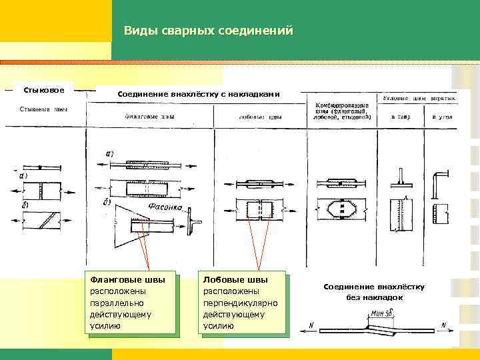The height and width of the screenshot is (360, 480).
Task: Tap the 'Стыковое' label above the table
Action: (x=44, y=89)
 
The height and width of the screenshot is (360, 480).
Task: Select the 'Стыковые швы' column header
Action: (x=43, y=109)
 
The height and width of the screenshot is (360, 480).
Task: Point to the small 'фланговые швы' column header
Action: (x=151, y=116)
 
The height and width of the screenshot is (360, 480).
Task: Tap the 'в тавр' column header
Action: (x=401, y=117)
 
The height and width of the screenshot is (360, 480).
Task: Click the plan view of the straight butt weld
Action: (x=42, y=190)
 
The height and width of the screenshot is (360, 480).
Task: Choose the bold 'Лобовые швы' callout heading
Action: (x=235, y=279)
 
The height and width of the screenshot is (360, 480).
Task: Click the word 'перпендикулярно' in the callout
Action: (x=239, y=303)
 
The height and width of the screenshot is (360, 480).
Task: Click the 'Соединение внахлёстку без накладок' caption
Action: (x=373, y=291)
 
